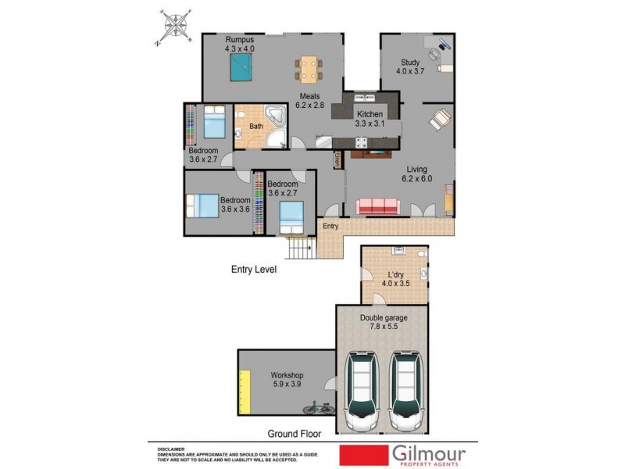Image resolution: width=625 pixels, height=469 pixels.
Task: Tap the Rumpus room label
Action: click(240, 40)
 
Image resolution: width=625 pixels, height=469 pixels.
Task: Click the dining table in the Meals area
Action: click(309, 69)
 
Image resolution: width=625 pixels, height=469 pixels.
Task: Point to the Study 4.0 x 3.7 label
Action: click(410, 67)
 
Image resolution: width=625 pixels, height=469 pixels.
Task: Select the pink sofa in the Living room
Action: click(378, 206)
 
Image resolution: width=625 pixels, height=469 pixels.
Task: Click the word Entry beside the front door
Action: click(331, 227)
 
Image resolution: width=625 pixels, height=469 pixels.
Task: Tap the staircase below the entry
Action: click(302, 250)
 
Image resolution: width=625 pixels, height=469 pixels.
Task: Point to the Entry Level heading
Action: click(254, 270)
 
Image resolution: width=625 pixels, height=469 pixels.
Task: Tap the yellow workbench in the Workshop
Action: click(244, 394)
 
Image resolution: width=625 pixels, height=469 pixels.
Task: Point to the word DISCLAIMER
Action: click(172, 449)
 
